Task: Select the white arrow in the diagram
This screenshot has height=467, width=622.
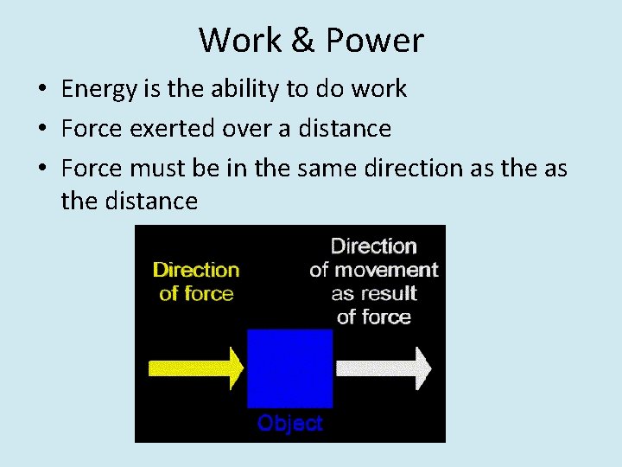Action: click(x=383, y=368)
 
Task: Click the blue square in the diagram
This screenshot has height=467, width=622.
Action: click(x=289, y=368)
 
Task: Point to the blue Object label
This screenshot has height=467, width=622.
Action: click(x=290, y=424)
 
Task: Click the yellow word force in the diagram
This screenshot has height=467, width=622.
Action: click(x=210, y=294)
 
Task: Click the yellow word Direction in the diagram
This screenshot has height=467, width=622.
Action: click(x=196, y=270)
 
